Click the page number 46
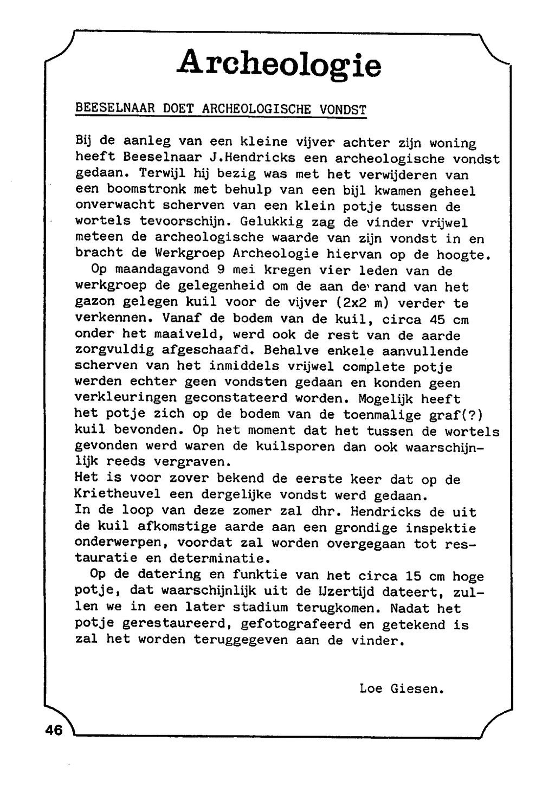tap(54, 730)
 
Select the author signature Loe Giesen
tap(402, 689)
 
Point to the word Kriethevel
tap(114, 495)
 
